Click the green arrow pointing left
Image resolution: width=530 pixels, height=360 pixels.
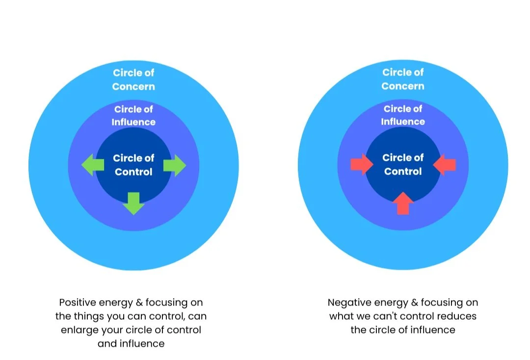tap(93, 165)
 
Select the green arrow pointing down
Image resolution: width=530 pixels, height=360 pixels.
tap(133, 203)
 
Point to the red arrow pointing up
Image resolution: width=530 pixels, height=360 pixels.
tap(403, 203)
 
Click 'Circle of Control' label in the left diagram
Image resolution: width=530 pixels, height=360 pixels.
tap(133, 165)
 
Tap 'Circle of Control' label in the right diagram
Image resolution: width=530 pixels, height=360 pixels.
tap(403, 164)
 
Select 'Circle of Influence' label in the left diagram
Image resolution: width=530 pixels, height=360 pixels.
tap(133, 116)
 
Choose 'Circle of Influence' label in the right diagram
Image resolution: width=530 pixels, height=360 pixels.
tap(403, 115)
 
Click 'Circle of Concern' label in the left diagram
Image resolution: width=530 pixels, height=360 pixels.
tap(133, 79)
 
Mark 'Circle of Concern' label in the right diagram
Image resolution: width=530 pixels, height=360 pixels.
tap(403, 79)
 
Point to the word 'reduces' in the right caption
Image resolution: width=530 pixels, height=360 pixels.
tap(455, 316)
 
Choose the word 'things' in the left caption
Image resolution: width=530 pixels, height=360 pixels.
tap(91, 316)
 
